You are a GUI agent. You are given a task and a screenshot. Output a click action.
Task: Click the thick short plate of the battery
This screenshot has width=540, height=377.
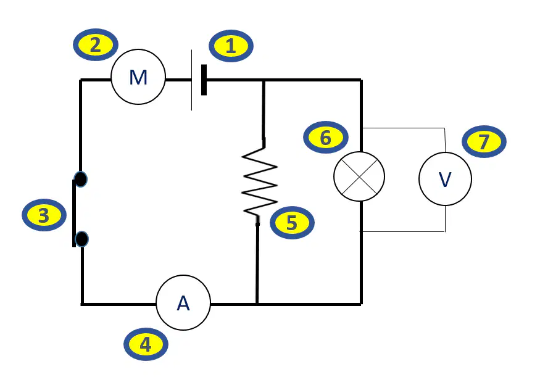tap(204, 80)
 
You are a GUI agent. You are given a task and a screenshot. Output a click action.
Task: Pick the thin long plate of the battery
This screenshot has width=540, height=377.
tap(191, 80)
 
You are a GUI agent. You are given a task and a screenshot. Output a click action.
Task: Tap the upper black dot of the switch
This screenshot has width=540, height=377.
tap(81, 180)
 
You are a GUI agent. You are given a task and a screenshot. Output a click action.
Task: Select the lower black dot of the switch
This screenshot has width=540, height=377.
tap(81, 239)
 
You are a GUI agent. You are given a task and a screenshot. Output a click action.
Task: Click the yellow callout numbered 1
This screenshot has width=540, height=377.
tap(231, 46)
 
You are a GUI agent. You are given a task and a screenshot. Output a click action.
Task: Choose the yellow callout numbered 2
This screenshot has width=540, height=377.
tap(96, 45)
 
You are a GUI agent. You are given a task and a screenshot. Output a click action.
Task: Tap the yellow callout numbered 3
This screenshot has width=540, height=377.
tap(44, 215)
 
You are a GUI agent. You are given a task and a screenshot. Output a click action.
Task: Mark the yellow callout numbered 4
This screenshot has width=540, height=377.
tap(146, 344)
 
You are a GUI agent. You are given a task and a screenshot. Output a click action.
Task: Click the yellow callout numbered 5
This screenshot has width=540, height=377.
tap(292, 223)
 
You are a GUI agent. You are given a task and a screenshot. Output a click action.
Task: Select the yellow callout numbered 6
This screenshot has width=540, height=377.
tap(326, 138)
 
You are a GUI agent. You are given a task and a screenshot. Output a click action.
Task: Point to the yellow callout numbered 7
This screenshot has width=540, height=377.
tap(484, 141)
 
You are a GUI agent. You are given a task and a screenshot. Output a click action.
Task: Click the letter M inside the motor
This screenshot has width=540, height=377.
tap(138, 78)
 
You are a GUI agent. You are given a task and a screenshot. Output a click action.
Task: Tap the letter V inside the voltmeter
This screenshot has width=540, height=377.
tap(445, 179)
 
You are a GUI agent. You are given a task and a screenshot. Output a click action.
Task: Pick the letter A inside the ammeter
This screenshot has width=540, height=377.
tap(183, 304)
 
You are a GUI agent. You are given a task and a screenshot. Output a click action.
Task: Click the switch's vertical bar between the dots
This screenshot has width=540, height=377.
tap(73, 213)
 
